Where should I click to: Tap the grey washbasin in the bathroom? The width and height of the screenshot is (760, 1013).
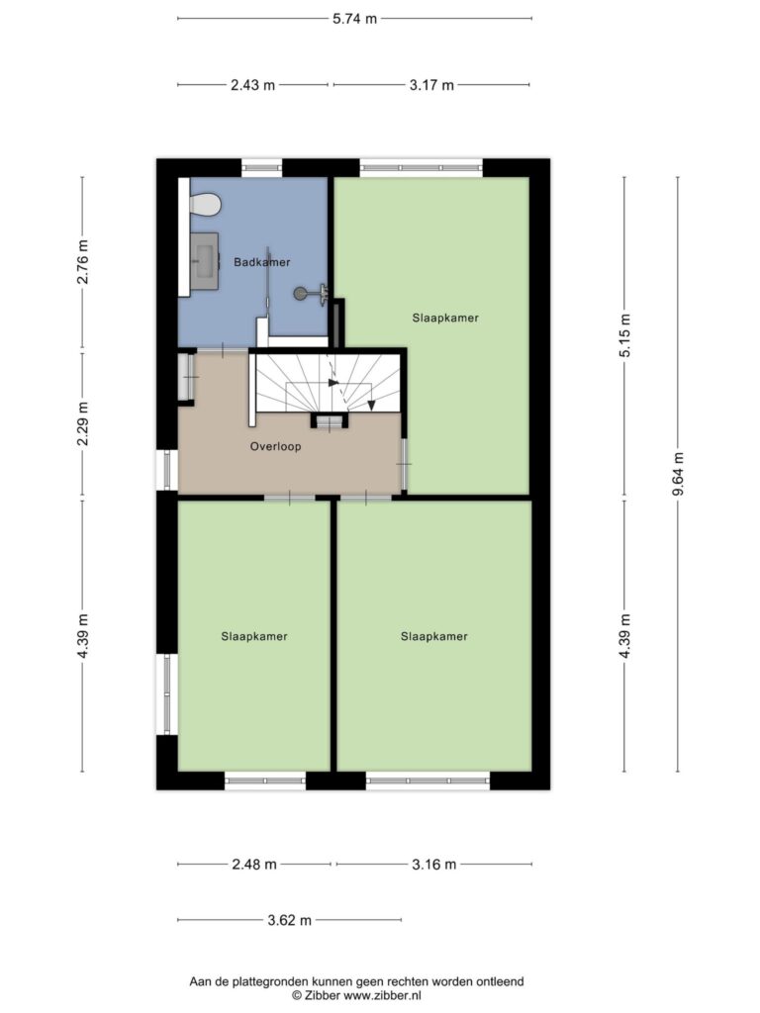205,261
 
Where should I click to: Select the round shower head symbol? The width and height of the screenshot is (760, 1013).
301,294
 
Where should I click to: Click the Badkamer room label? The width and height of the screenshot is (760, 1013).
261,262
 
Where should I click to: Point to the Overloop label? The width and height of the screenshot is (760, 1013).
275,446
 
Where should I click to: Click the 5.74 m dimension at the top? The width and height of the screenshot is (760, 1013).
355,19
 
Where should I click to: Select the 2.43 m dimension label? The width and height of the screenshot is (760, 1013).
252,85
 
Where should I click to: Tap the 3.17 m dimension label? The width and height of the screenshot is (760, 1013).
431,85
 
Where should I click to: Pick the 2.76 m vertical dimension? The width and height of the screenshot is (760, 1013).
82,261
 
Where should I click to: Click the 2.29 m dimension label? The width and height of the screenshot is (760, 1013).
82,423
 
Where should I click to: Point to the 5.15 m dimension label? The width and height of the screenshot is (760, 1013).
624,334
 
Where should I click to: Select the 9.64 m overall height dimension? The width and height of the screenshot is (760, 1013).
678,474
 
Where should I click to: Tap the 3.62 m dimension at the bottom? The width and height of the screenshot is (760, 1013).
290,920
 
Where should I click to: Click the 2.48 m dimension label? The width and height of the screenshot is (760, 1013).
254,864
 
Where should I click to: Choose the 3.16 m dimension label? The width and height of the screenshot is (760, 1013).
434,864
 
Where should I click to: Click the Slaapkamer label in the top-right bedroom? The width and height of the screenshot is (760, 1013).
445,318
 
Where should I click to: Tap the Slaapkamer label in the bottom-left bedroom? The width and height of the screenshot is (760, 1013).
254,636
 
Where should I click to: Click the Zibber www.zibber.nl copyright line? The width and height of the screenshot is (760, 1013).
356,995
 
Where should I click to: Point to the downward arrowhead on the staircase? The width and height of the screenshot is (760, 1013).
372,405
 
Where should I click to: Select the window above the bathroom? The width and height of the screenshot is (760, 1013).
261,168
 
